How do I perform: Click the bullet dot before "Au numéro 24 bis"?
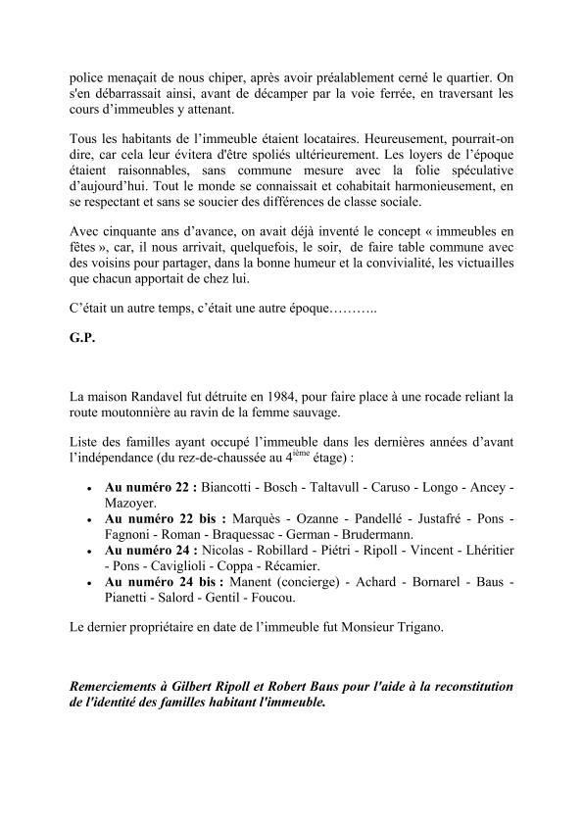(x=91, y=582)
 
